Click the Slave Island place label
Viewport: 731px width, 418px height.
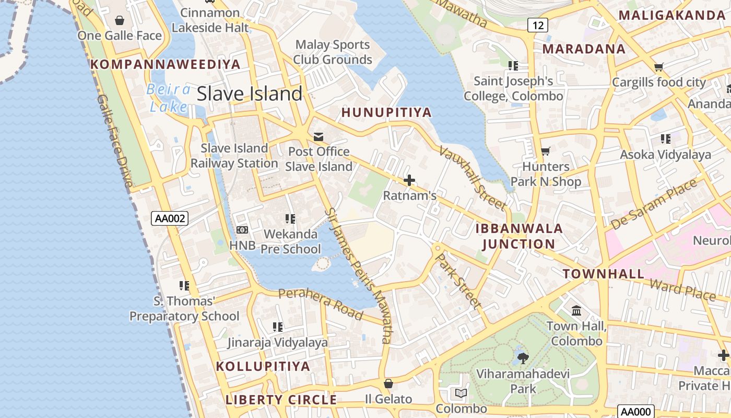[250, 94]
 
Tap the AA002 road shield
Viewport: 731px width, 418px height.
[170, 218]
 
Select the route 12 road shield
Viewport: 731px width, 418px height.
[537, 25]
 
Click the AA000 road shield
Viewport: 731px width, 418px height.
[635, 411]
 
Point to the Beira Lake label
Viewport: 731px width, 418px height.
[168, 98]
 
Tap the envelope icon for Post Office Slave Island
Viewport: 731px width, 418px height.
[319, 137]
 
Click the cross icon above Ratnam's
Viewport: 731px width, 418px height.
[409, 181]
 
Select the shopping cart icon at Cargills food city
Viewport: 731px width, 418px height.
[658, 67]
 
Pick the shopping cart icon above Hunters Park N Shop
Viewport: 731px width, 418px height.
[546, 152]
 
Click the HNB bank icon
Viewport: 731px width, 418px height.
[242, 229]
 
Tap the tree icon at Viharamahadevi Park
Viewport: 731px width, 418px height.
[523, 358]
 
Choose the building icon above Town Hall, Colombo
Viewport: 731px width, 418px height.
[576, 311]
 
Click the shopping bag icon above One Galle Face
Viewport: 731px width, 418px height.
[120, 20]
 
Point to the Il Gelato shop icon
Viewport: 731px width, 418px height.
[388, 384]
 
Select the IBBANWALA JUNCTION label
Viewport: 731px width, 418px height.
[518, 236]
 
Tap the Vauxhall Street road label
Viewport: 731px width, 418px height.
[473, 177]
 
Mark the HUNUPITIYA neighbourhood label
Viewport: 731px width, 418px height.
[386, 112]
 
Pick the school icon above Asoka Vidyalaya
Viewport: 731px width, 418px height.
[665, 139]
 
